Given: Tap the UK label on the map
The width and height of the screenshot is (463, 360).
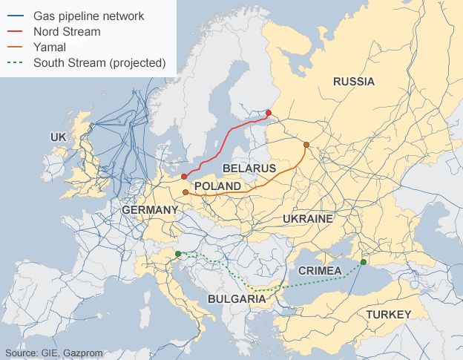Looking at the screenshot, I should point(59,137).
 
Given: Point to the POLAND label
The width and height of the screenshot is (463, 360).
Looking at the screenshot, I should point(217,186).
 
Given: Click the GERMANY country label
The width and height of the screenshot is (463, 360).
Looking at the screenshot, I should point(150,210).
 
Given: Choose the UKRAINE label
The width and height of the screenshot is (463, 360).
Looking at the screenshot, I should point(307,219).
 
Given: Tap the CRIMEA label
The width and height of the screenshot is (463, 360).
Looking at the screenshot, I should point(320,271).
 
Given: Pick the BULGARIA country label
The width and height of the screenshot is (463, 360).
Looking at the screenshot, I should point(237,299).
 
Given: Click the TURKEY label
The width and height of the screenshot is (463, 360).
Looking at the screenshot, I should point(387,315).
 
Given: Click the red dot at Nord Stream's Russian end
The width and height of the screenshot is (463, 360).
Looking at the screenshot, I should point(269,113).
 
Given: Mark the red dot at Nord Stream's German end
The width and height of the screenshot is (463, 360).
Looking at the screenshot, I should point(183,177).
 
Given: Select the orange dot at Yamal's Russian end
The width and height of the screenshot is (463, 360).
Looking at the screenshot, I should point(306,145).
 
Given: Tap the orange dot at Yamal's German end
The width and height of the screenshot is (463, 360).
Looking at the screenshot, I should point(185,192).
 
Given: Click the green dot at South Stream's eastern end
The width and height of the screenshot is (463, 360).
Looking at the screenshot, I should point(364,261).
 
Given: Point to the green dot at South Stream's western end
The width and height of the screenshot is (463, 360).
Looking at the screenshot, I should point(178,255).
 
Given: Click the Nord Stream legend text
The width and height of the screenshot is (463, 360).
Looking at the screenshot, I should point(68,31).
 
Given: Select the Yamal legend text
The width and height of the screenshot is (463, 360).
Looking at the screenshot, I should point(50,47).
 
